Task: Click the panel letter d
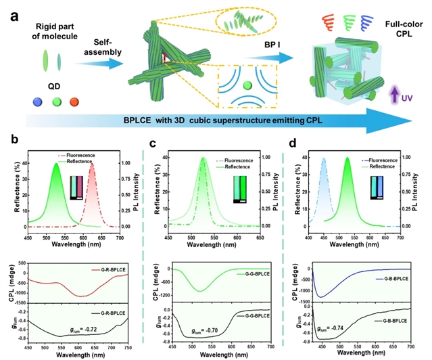[293, 143]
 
